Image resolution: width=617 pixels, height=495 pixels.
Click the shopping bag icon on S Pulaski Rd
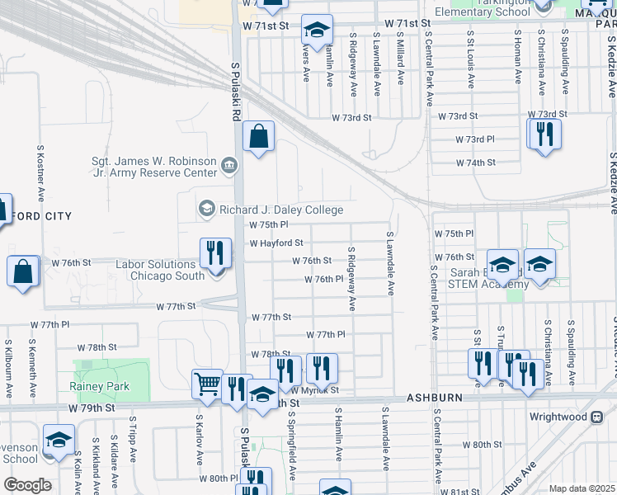259,138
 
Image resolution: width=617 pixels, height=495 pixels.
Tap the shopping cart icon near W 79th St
208,383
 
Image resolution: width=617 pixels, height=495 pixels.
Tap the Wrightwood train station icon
596,417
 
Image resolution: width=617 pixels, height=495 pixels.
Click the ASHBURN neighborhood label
435,398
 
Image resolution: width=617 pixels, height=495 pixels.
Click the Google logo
27,485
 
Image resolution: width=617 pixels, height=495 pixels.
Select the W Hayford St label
276,243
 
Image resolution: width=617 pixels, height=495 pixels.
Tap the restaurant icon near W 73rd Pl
544,134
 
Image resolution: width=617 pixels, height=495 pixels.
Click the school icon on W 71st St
317,31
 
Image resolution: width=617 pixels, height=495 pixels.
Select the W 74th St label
476,163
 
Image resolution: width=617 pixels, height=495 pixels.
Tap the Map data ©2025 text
582,488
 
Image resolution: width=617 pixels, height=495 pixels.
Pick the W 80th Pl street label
218,478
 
